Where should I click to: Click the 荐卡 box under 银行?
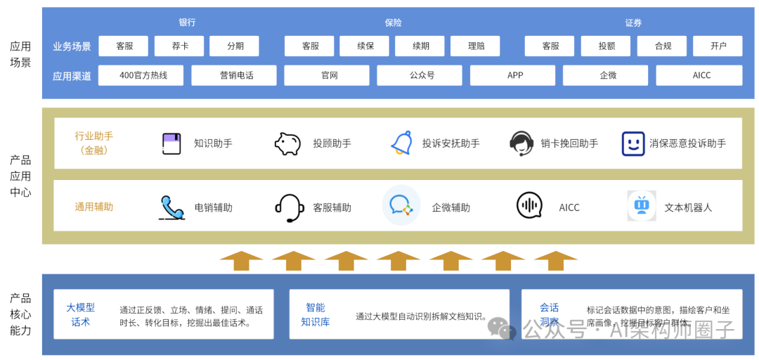179,46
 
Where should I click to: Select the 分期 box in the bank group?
235,46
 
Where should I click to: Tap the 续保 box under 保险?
364,46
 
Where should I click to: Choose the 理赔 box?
475,46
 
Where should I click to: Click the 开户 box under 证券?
718,46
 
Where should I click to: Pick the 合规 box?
662,46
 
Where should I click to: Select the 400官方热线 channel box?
141,75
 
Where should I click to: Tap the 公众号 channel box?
420,75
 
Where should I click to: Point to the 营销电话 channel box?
234,75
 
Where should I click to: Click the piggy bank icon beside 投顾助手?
287,143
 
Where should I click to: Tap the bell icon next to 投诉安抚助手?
402,143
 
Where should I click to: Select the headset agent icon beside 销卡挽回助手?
521,143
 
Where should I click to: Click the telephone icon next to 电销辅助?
171,207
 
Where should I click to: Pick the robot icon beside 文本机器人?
641,206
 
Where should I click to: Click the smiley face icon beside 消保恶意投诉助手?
633,143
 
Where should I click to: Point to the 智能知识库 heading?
315,315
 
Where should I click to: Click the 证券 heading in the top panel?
633,22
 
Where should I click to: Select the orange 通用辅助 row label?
94,207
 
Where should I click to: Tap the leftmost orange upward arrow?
241,260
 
